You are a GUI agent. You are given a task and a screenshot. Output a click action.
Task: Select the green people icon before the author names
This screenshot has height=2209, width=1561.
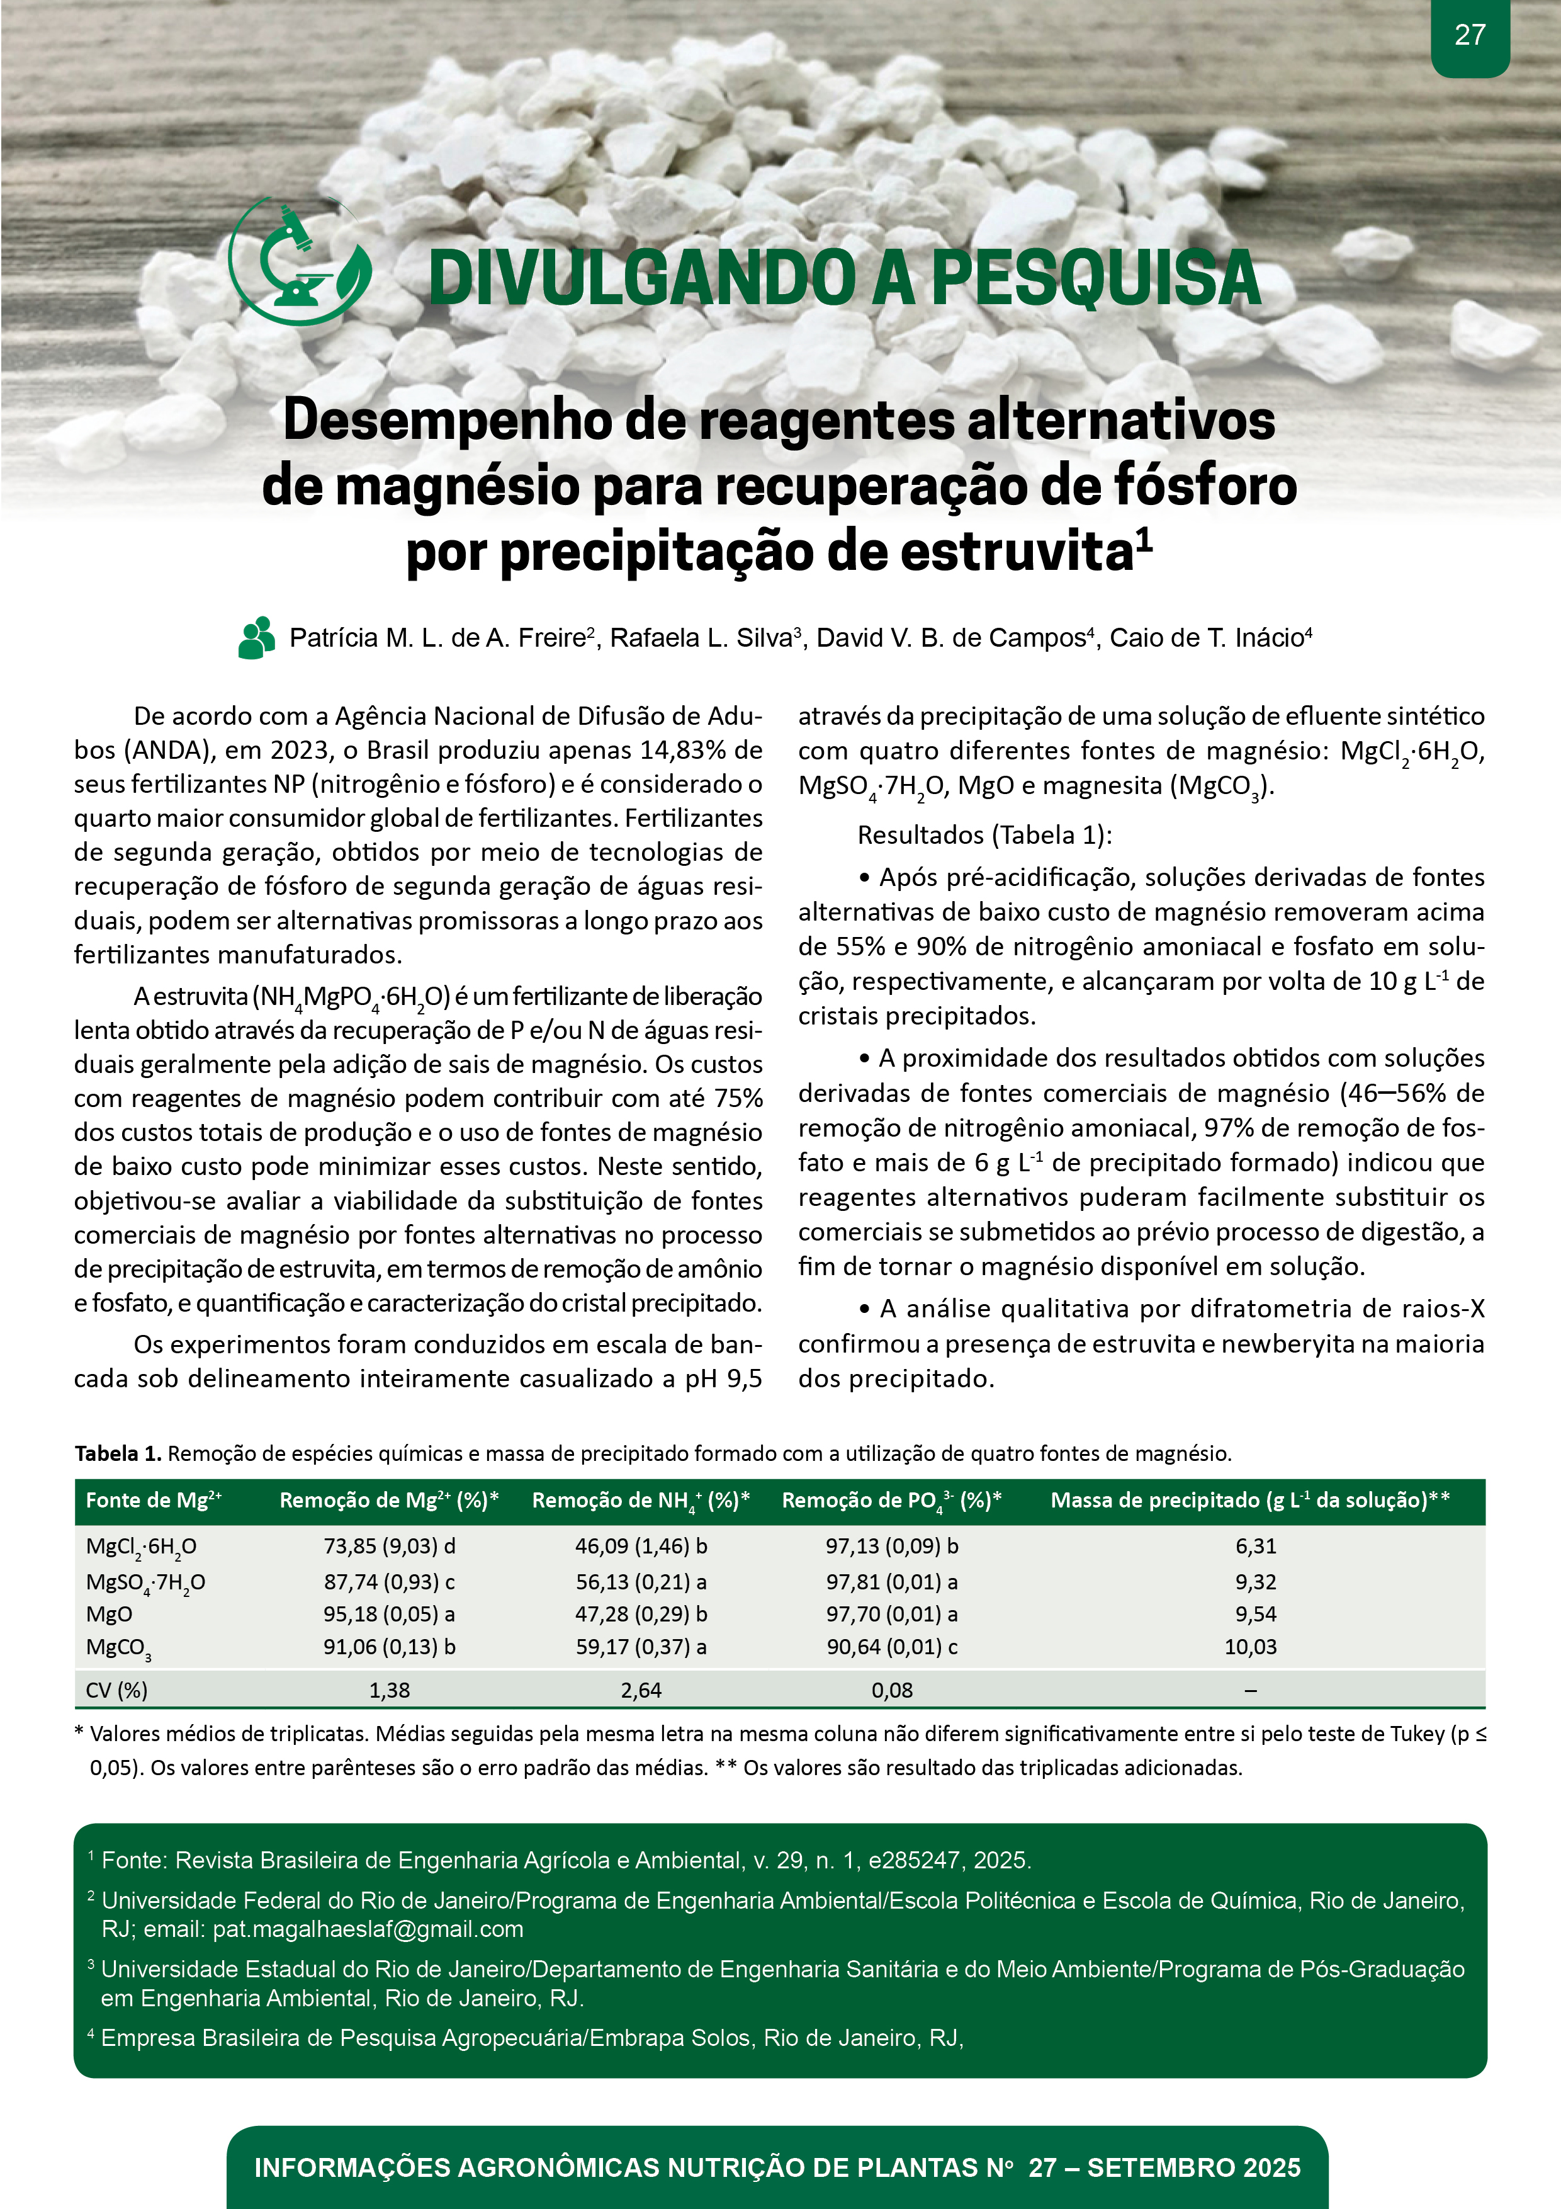point(257,638)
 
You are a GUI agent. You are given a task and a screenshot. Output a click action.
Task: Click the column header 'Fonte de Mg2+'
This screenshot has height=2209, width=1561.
point(153,1500)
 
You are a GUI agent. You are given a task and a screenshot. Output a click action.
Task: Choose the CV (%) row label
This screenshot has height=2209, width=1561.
point(116,1689)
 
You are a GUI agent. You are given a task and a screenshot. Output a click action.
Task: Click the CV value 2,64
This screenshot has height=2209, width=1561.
point(641,1689)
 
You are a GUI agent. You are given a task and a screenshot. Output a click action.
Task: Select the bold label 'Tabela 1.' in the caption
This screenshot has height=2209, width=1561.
point(117,1454)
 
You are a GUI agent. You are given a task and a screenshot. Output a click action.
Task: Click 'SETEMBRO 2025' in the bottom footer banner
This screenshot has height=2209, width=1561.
point(1193,2167)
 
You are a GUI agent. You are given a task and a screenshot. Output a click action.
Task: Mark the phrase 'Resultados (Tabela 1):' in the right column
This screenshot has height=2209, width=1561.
point(984,834)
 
